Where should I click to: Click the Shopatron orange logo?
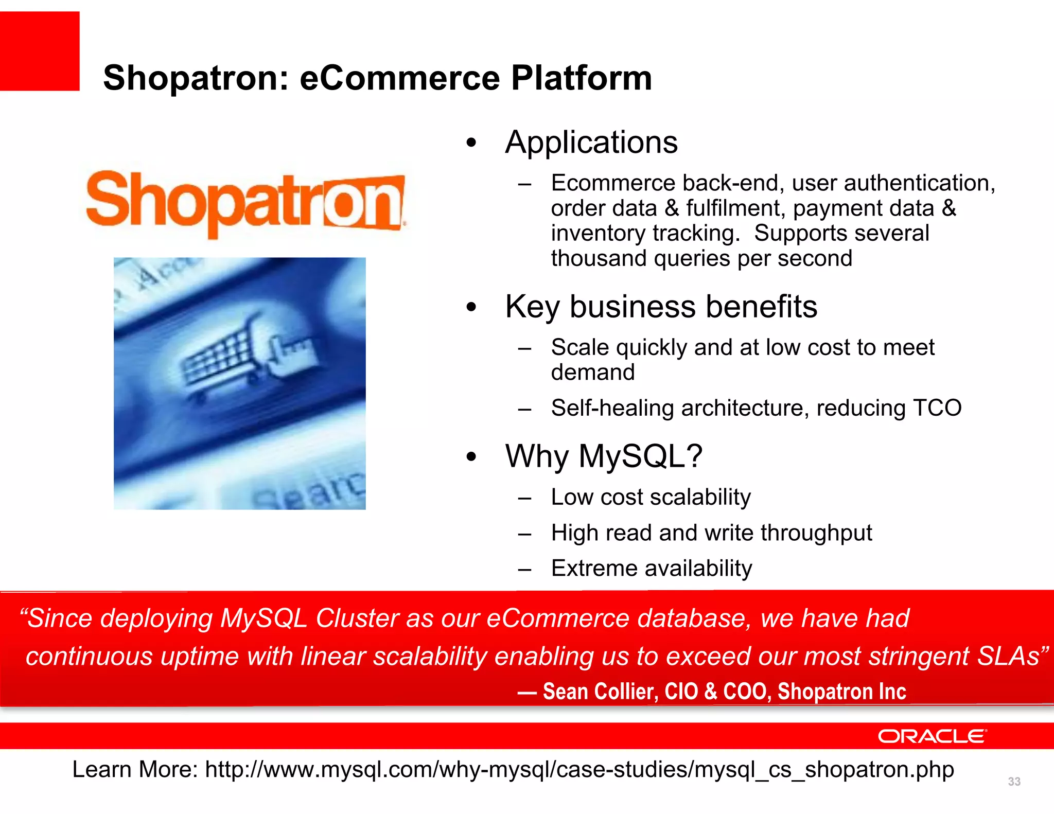click(x=246, y=203)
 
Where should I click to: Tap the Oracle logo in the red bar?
click(x=932, y=736)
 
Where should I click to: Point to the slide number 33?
click(x=1014, y=782)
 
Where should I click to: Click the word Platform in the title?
click(x=581, y=78)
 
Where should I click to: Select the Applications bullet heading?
click(x=591, y=142)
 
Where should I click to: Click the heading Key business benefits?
click(x=661, y=307)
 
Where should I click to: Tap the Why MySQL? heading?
click(x=604, y=456)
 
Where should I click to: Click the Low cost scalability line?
click(x=651, y=497)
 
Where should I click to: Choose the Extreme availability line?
click(x=652, y=568)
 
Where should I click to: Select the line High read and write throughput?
click(x=711, y=533)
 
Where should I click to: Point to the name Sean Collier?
click(x=600, y=691)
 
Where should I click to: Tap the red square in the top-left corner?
click(x=40, y=51)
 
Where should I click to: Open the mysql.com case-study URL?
click(x=579, y=770)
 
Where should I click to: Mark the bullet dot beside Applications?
click(x=471, y=143)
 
